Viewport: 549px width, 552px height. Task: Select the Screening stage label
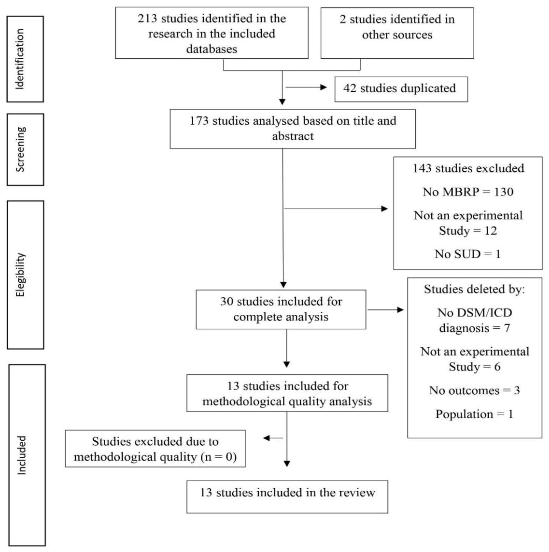[x=20, y=149]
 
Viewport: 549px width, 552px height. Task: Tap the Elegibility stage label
[x=21, y=275]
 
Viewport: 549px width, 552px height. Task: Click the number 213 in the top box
[x=147, y=19]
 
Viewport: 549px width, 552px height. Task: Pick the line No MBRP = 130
[x=468, y=192]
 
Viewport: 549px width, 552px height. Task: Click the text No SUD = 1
[x=468, y=254]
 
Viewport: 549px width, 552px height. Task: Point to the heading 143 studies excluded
[x=468, y=168]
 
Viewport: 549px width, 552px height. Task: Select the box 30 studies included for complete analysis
[x=281, y=309]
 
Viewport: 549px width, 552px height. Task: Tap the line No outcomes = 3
[x=474, y=390]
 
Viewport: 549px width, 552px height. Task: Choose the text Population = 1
[x=474, y=414]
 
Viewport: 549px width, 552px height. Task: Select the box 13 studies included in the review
[x=287, y=497]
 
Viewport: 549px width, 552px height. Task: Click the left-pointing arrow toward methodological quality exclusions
[x=267, y=438]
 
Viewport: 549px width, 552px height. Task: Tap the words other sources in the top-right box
[x=397, y=35]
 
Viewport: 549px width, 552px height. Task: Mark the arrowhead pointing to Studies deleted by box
[x=400, y=310]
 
